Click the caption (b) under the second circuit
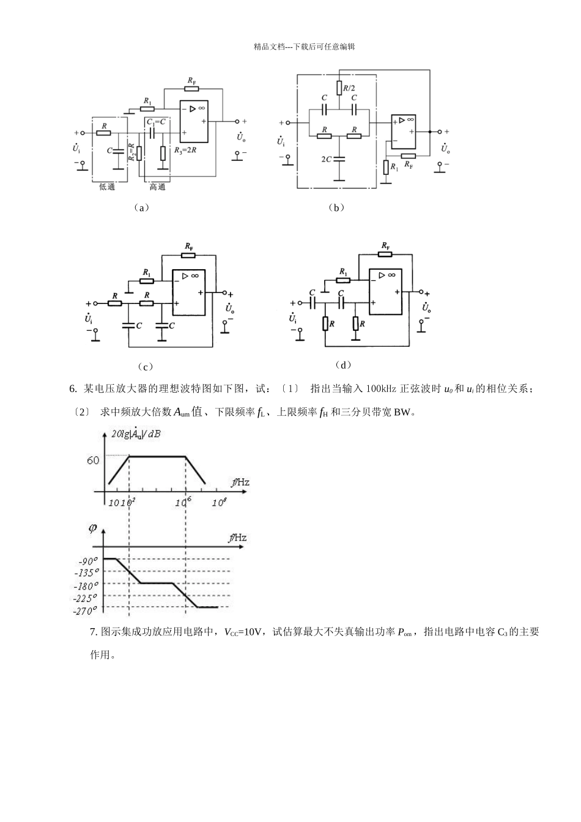click(x=336, y=207)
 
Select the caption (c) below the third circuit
click(x=145, y=366)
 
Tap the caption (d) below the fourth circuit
click(x=344, y=365)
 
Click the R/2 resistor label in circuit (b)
click(x=349, y=88)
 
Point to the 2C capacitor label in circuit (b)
click(x=327, y=158)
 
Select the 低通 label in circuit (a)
click(x=107, y=187)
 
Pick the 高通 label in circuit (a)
click(x=157, y=187)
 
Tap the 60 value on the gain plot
click(x=93, y=461)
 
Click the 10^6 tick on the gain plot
click(x=183, y=502)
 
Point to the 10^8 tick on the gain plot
click(x=218, y=502)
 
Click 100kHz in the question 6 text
click(x=382, y=389)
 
